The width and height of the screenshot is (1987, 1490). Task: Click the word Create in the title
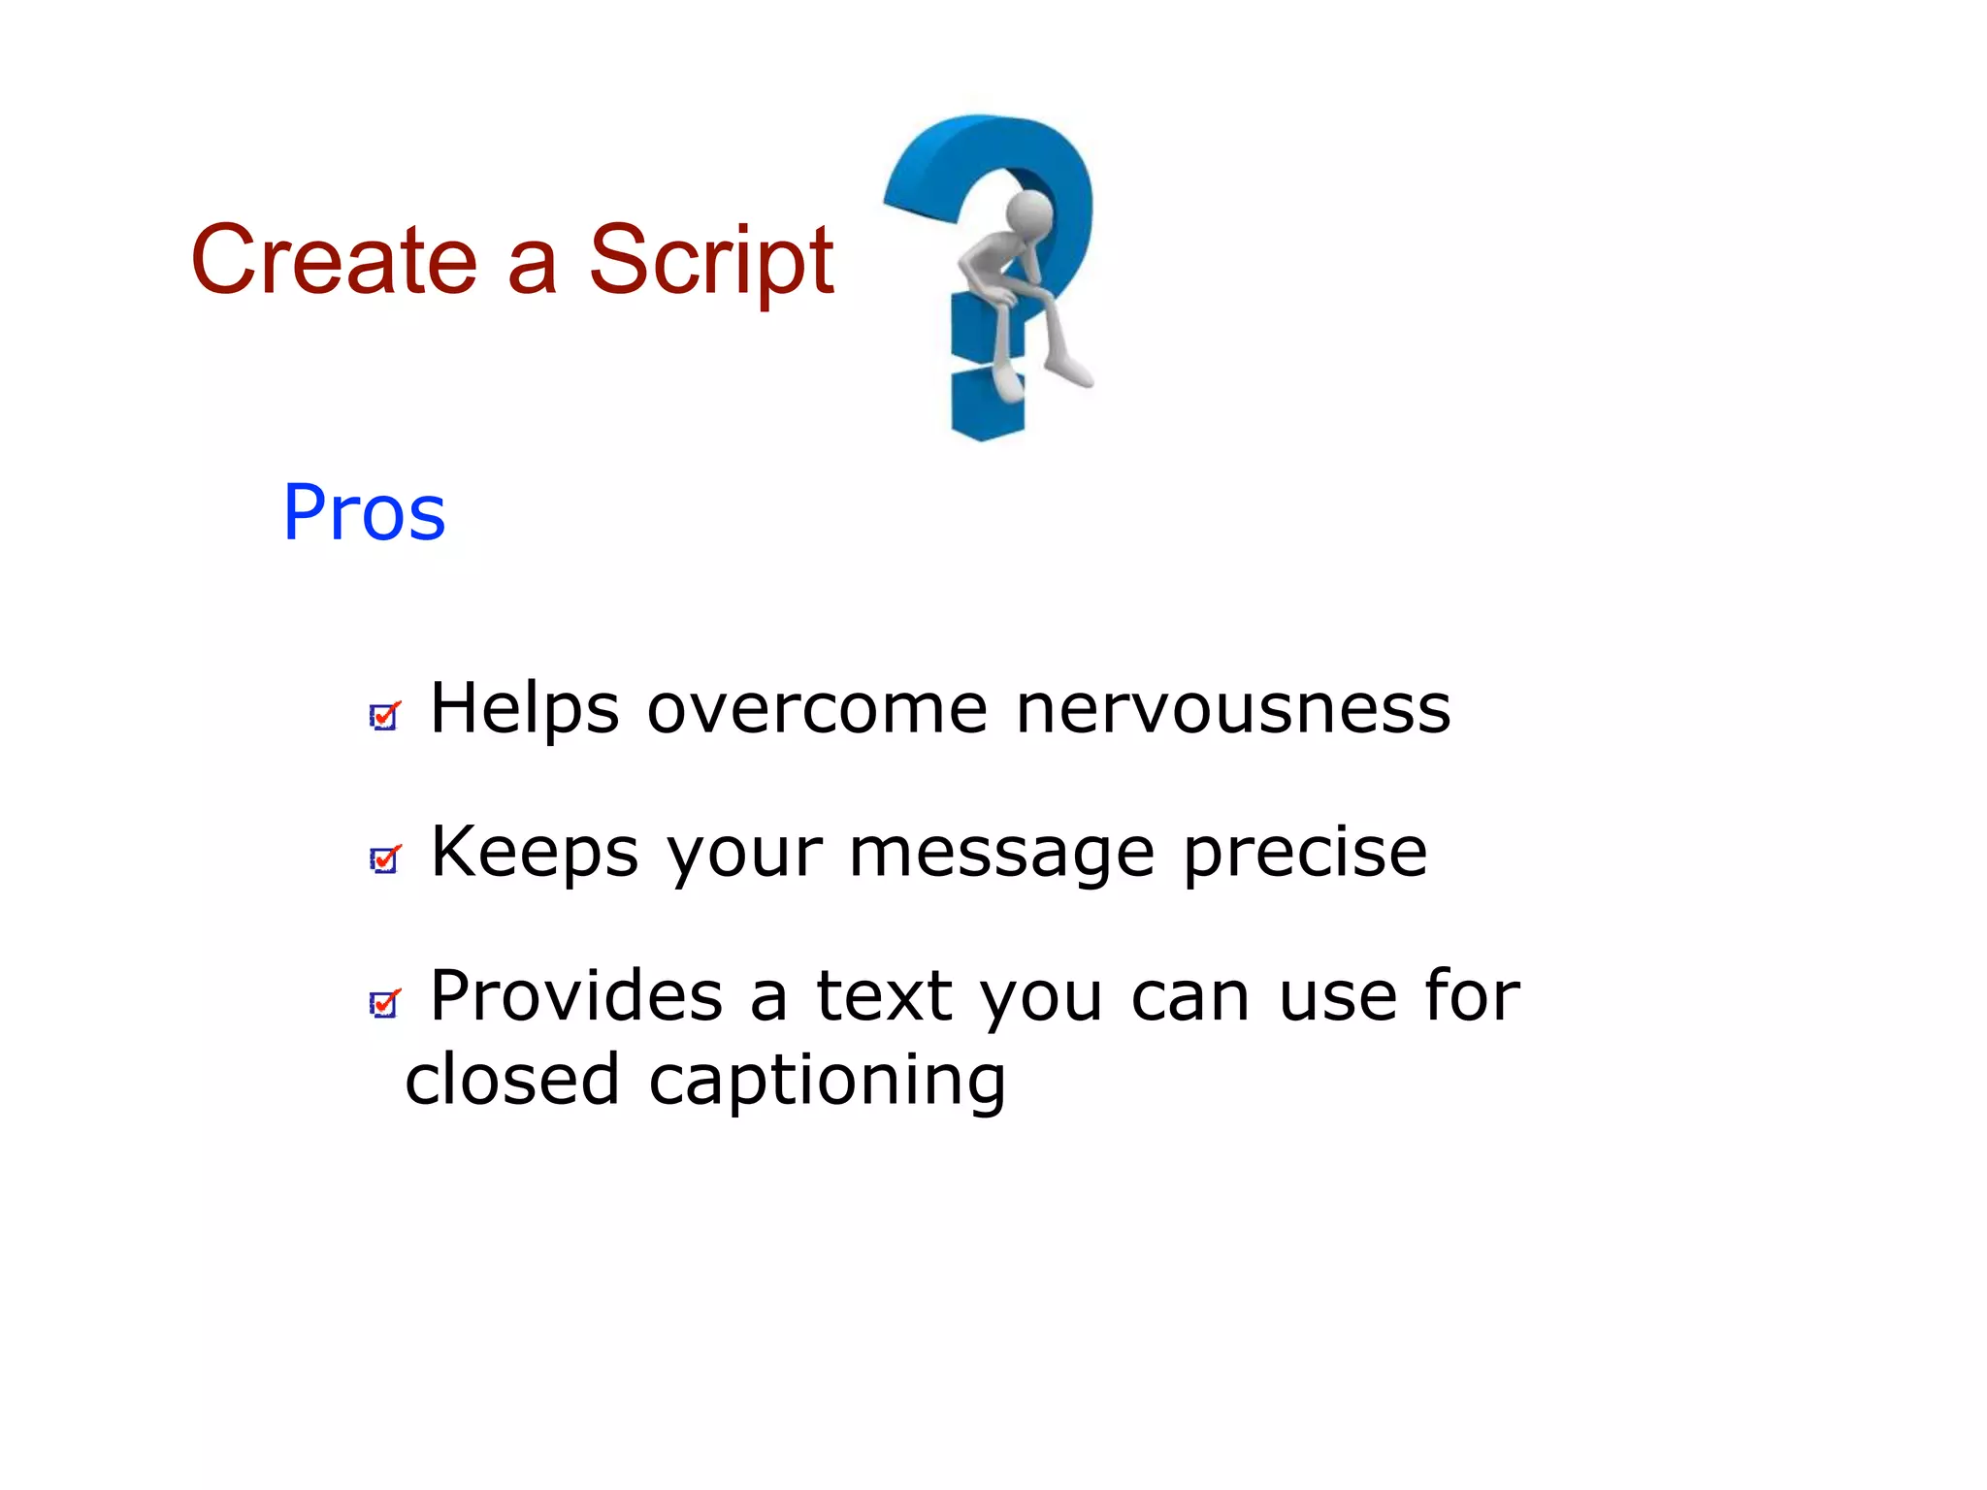pos(334,260)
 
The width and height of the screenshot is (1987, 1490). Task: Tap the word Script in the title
pos(711,260)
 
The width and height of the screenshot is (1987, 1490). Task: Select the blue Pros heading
pos(364,512)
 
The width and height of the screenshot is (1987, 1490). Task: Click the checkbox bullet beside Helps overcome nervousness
pos(384,716)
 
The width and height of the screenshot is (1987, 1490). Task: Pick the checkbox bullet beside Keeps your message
pos(384,858)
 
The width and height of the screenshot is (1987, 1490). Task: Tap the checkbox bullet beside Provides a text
pos(384,1003)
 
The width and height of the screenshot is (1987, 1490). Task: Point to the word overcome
pos(817,708)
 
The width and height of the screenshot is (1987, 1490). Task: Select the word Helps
pos(524,708)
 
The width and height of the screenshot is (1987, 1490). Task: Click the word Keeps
pos(535,852)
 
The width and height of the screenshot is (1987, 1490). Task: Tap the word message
pos(1001,852)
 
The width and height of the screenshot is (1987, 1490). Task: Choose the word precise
pos(1305,852)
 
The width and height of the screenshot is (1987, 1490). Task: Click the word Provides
pos(576,995)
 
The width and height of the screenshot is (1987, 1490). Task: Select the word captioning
pos(827,1081)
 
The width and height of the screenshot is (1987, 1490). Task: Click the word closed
pos(511,1079)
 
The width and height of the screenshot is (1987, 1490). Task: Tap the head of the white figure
pos(1030,211)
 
